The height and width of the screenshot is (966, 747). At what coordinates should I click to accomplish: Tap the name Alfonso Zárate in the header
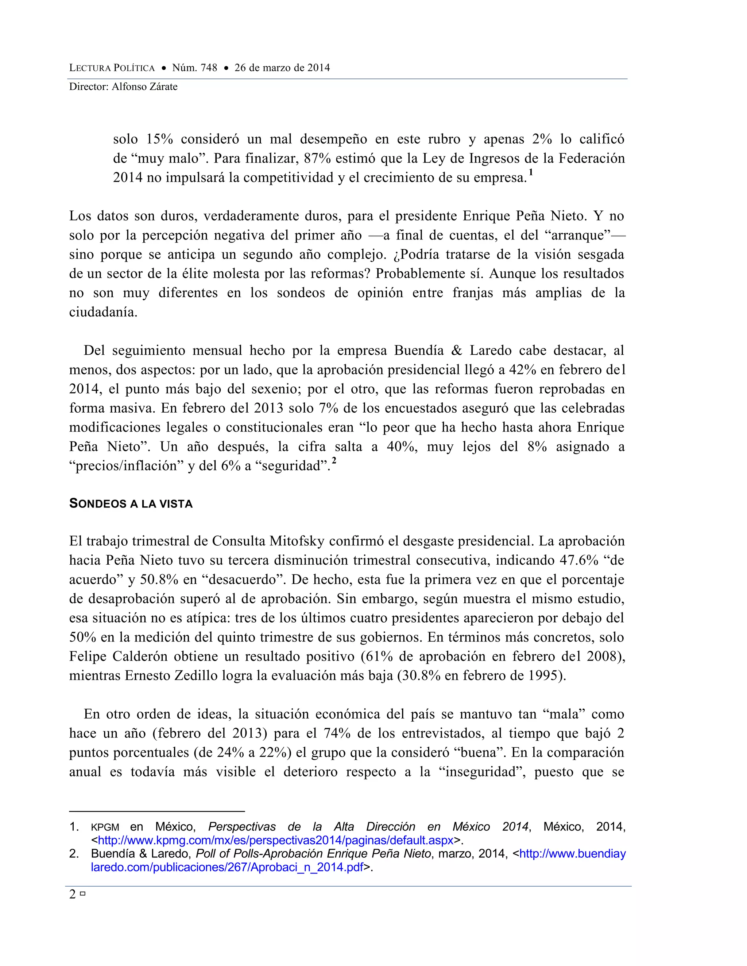coord(144,87)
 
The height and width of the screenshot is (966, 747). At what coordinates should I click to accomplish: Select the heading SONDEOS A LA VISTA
coord(131,504)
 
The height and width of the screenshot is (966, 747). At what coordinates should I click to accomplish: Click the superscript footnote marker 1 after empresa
coord(531,172)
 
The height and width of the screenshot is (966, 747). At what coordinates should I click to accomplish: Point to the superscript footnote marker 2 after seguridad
coord(334,461)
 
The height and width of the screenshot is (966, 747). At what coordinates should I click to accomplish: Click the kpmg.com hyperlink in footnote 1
coord(275,840)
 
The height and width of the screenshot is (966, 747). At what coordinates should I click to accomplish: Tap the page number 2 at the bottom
coord(73,895)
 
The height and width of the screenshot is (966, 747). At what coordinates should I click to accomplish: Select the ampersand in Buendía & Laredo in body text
coord(456,350)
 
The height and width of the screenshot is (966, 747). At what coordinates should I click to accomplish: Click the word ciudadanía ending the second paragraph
coord(102,312)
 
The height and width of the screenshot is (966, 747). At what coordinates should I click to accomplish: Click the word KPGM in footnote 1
coord(105,827)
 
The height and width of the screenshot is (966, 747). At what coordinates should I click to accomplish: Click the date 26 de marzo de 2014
coord(282,68)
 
